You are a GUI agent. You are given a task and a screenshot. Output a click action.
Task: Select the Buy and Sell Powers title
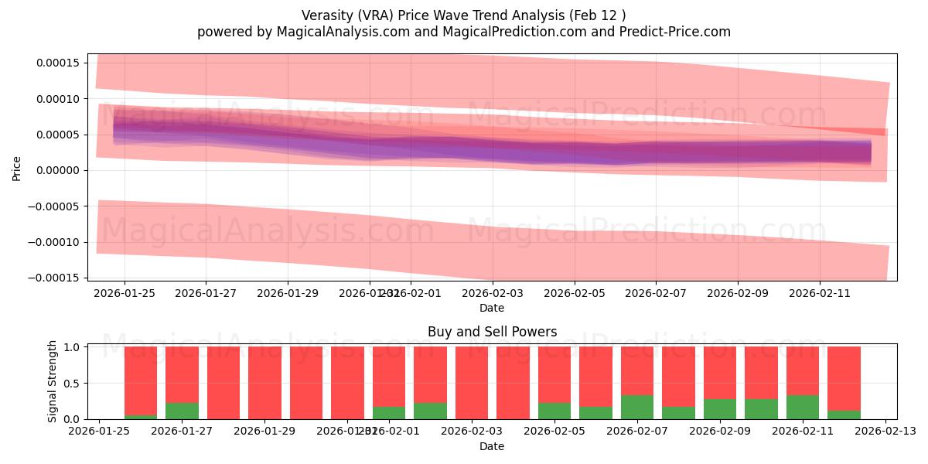pos(492,332)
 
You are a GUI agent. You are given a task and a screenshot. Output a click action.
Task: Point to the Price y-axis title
pos(16,167)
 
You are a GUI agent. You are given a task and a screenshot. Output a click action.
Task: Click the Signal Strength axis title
pos(53,382)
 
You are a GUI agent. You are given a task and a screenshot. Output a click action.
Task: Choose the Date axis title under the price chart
pos(492,308)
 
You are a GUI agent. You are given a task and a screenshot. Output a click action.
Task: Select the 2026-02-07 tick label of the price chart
pos(656,294)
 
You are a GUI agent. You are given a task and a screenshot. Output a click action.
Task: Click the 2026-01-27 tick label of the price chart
pos(206,294)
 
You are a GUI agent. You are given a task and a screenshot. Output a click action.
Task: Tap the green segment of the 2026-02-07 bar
pos(637,407)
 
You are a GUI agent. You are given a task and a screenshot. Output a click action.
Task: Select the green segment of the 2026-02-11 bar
pos(803,407)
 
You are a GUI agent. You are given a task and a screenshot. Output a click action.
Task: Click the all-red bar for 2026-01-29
pos(265,383)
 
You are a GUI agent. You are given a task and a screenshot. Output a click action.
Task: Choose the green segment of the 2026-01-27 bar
pos(182,411)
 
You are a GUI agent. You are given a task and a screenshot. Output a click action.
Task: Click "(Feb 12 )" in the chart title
pos(598,15)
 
